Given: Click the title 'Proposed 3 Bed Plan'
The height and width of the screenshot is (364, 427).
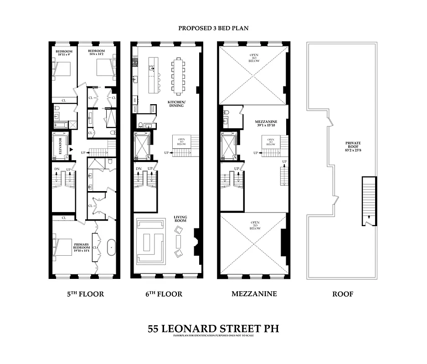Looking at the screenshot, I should click(x=213, y=28).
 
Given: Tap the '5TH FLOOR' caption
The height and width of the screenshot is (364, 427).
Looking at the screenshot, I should click(x=85, y=294).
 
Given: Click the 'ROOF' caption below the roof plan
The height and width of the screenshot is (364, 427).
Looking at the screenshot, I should click(x=342, y=294).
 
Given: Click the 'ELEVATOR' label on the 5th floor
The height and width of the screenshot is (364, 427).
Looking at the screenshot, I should click(x=59, y=147).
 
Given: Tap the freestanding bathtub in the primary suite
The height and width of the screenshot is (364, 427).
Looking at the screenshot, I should click(x=110, y=248).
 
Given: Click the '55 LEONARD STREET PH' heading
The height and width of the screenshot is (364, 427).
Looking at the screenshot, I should click(x=213, y=328).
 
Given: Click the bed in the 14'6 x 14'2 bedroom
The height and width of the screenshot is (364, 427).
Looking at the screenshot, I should click(x=103, y=69).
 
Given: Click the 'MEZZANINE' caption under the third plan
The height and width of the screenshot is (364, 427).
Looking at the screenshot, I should click(x=254, y=294).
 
